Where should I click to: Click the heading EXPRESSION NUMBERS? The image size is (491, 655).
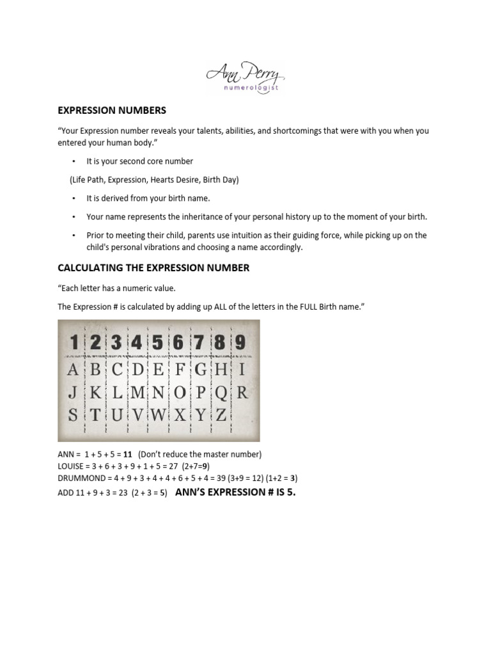pyautogui.click(x=112, y=110)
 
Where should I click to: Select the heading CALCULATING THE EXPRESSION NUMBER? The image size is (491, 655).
pyautogui.click(x=153, y=268)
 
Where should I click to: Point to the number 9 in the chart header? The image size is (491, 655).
pyautogui.click(x=240, y=343)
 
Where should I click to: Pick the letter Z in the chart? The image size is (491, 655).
pyautogui.click(x=221, y=414)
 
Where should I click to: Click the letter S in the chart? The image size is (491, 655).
pyautogui.click(x=74, y=414)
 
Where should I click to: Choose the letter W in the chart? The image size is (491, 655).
pyautogui.click(x=157, y=414)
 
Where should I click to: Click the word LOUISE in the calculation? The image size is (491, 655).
pyautogui.click(x=72, y=466)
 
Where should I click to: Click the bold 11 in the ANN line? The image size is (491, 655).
pyautogui.click(x=128, y=454)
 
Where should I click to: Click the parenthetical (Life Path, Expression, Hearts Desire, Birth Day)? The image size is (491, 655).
pyautogui.click(x=154, y=180)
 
